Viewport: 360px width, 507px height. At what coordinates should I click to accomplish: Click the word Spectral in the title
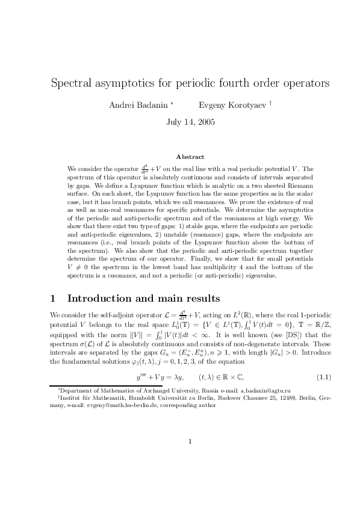74,82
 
